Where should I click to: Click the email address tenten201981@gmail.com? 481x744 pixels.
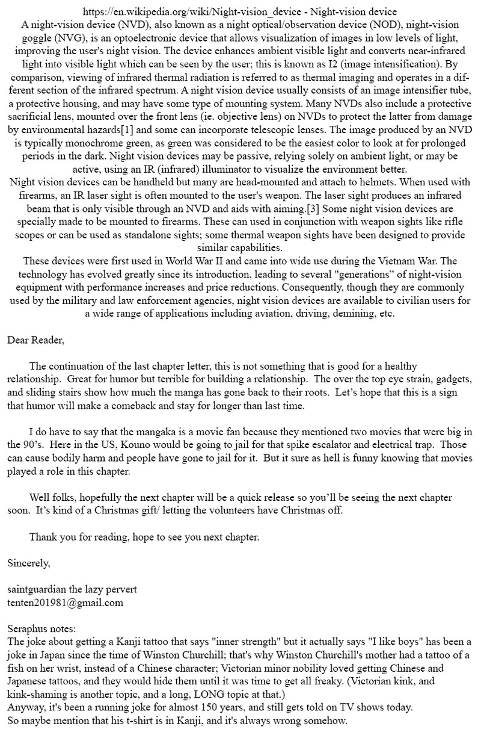click(65, 603)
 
